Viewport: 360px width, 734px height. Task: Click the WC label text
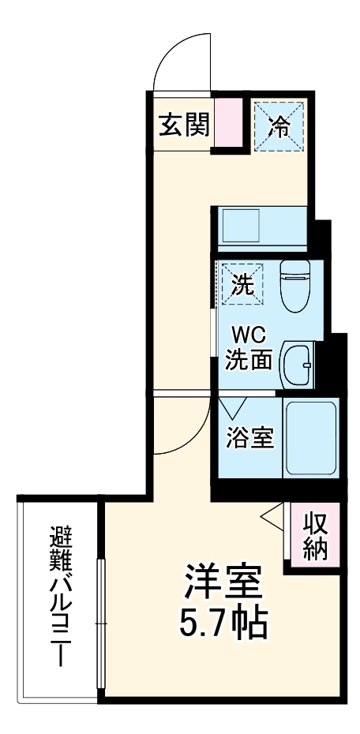coord(249,334)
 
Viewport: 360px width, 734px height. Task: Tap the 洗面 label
coord(249,360)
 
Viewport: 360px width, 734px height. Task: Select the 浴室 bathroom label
coord(249,439)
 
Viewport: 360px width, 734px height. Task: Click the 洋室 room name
coord(223,584)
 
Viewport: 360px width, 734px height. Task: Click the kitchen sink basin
coord(237,227)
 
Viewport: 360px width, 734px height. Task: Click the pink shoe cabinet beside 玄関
coord(227,125)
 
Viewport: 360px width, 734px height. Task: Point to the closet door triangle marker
coord(271,517)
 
